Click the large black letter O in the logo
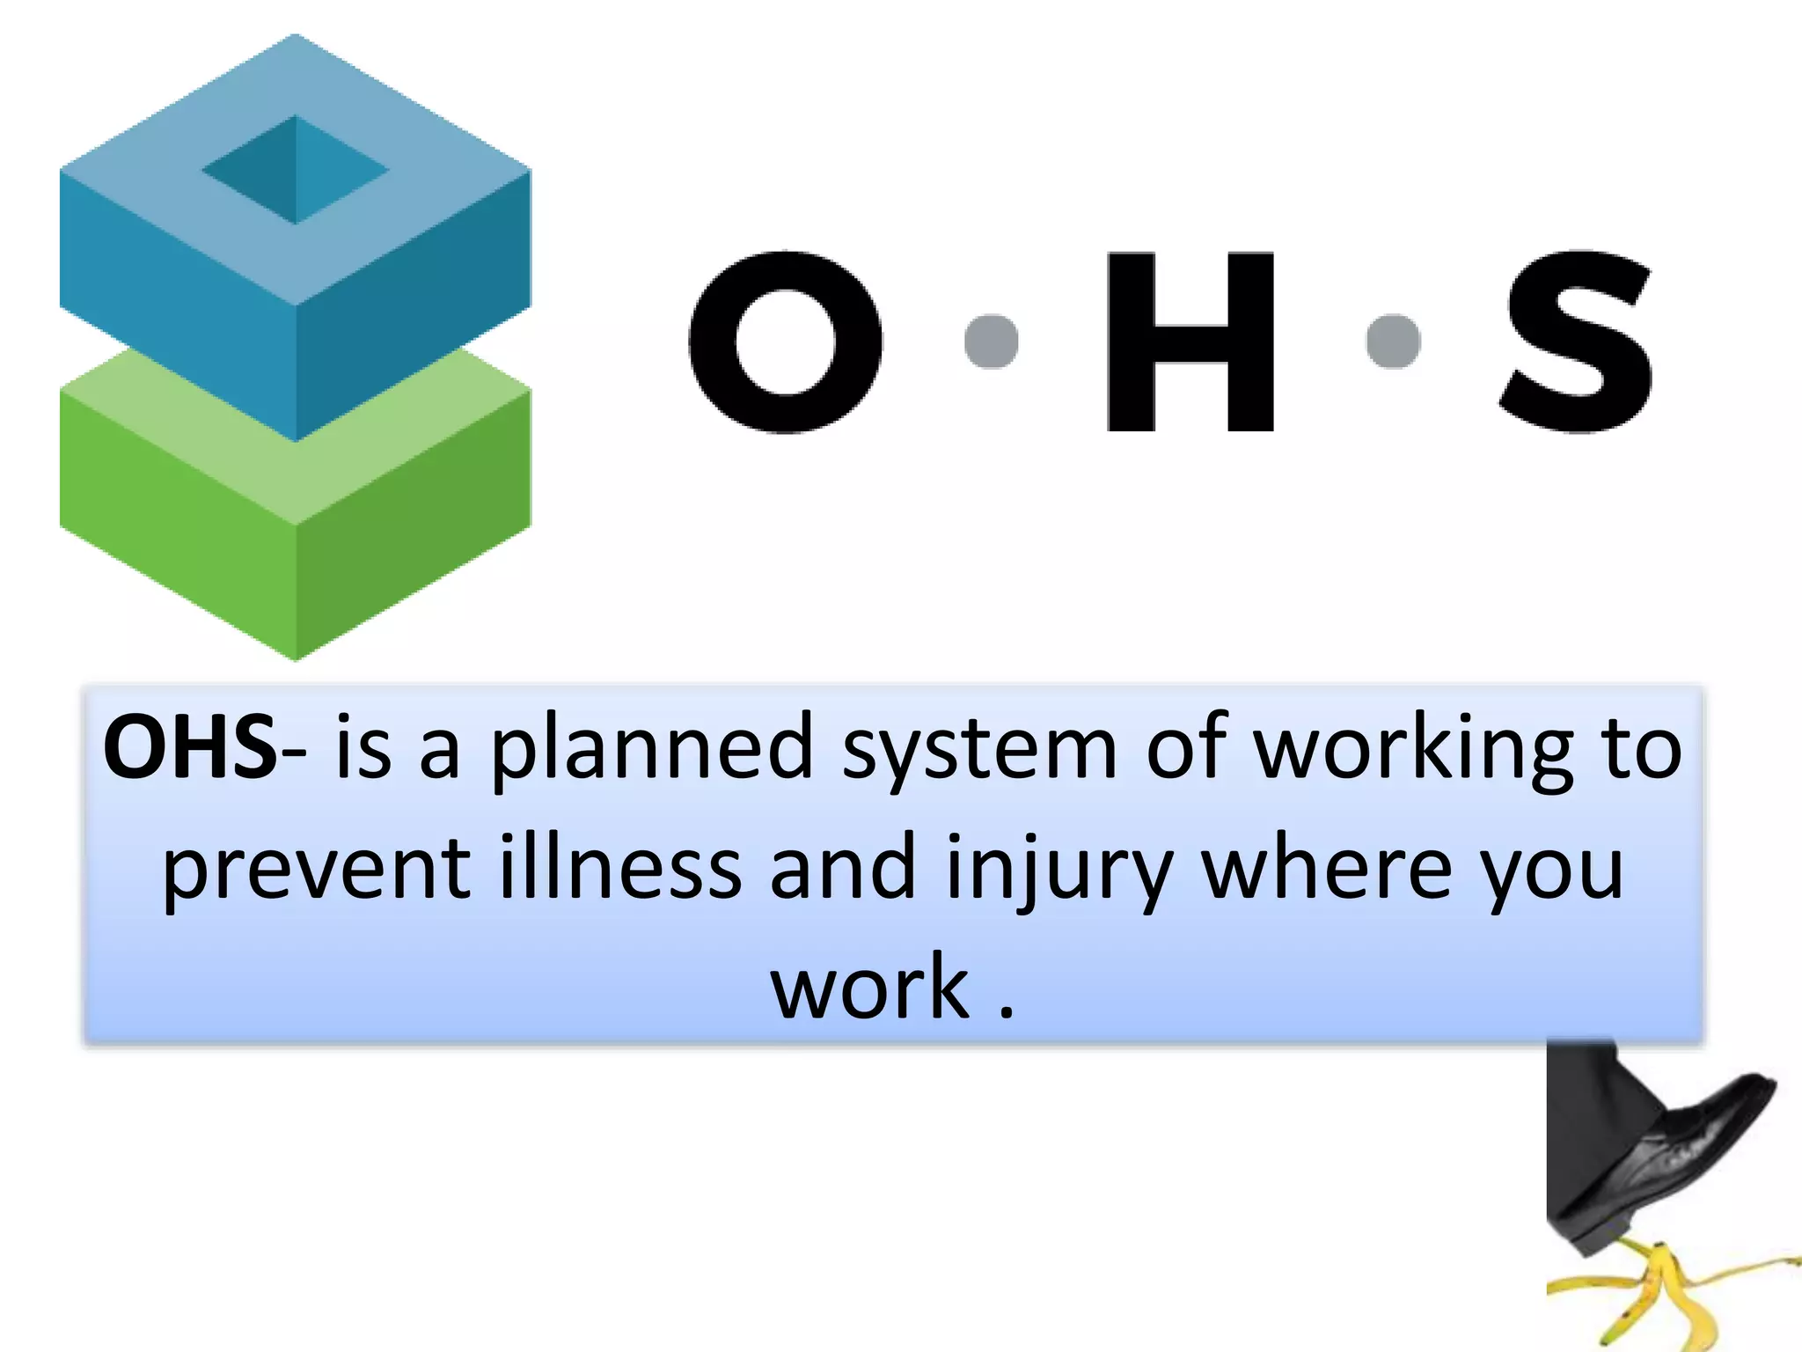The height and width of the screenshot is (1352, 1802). [786, 342]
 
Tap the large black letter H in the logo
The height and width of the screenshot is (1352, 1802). [1190, 342]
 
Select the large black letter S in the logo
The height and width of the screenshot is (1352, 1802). [1578, 342]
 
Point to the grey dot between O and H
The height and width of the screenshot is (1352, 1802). [992, 341]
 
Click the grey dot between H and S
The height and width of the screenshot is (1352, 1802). [1394, 341]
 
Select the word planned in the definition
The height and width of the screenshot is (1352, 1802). [651, 748]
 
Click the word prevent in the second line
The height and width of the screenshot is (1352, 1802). [317, 870]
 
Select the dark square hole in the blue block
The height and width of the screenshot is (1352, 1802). [296, 170]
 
